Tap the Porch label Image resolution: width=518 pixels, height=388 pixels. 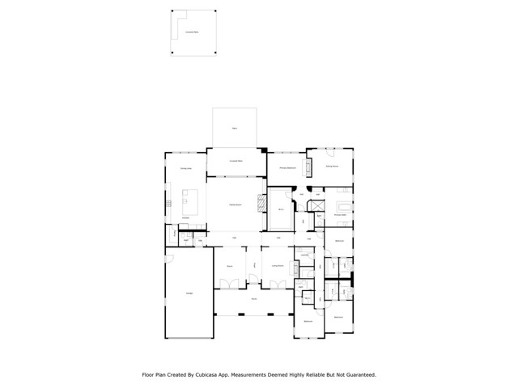253,299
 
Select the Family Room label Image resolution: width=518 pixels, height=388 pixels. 235,206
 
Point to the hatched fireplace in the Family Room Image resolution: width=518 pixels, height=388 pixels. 261,203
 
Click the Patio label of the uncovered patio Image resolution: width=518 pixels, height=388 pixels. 235,128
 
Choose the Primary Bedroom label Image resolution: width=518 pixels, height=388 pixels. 287,167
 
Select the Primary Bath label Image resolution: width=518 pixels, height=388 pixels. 341,216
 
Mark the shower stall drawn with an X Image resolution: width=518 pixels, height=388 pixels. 320,201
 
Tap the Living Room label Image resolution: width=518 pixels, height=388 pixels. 278,265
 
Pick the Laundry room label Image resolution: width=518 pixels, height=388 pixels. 302,256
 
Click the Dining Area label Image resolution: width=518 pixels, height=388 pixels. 185,168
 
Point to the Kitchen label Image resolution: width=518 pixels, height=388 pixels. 185,217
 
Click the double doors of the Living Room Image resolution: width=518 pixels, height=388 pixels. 278,283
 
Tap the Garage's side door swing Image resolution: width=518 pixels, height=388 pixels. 169,259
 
